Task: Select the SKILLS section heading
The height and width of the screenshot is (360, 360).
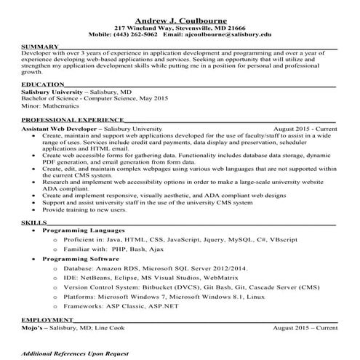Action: pyautogui.click(x=33, y=219)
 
